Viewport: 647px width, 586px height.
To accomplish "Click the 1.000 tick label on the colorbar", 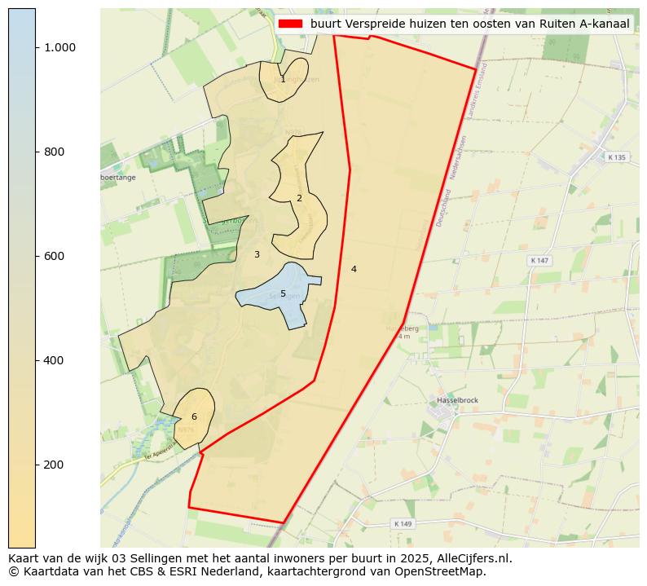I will pyautogui.click(x=59, y=47).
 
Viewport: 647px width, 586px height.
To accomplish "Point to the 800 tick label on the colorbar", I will pyautogui.click(x=54, y=152).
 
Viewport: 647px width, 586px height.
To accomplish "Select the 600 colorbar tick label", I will pyautogui.click(x=54, y=256).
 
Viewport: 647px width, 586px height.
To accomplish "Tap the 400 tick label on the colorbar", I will pyautogui.click(x=54, y=360).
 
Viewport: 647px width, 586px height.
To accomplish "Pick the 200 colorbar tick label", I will pyautogui.click(x=54, y=465).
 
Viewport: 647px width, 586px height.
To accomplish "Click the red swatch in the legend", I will pyautogui.click(x=290, y=24).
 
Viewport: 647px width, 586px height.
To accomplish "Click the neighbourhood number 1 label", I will pyautogui.click(x=283, y=80).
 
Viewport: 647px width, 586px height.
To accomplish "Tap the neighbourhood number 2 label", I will pyautogui.click(x=299, y=198).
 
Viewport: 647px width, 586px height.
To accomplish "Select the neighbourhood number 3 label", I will pyautogui.click(x=257, y=255).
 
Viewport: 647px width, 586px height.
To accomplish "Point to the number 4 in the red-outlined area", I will pyautogui.click(x=354, y=269).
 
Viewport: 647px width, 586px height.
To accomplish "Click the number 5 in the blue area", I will pyautogui.click(x=283, y=294).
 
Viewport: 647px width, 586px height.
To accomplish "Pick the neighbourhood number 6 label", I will pyautogui.click(x=194, y=417).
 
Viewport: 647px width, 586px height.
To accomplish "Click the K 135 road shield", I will pyautogui.click(x=617, y=157).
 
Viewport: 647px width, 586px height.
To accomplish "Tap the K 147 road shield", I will pyautogui.click(x=539, y=260).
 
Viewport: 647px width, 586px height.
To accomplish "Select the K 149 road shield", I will pyautogui.click(x=403, y=523).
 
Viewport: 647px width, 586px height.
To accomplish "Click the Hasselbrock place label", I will pyautogui.click(x=457, y=400).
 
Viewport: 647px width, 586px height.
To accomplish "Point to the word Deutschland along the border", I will pyautogui.click(x=443, y=207).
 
